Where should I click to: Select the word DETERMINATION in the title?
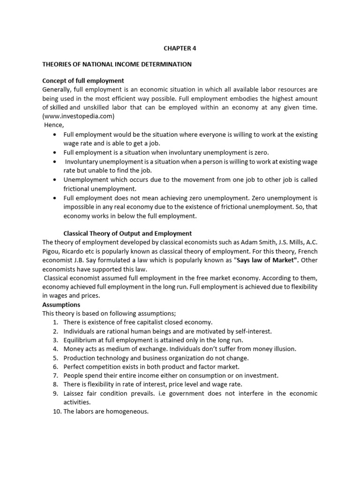167,64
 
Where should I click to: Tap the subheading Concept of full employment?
83,81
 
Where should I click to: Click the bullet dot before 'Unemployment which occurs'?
56,180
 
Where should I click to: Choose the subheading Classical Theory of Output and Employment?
127,233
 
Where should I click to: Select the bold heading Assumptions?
61,305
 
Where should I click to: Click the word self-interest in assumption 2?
253,331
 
